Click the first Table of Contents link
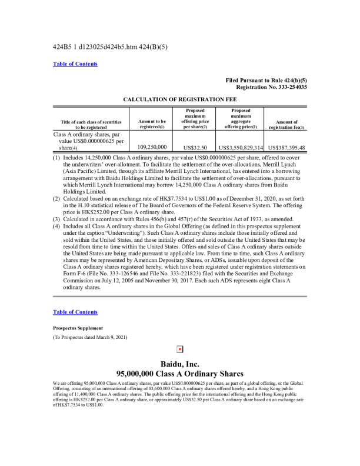(75, 64)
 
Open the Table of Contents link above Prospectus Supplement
(75, 312)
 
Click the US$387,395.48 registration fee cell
(286, 147)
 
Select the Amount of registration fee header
(286, 124)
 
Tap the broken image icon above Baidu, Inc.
(180, 349)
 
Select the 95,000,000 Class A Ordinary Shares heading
(180, 374)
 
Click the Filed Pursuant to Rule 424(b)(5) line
(266, 80)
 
